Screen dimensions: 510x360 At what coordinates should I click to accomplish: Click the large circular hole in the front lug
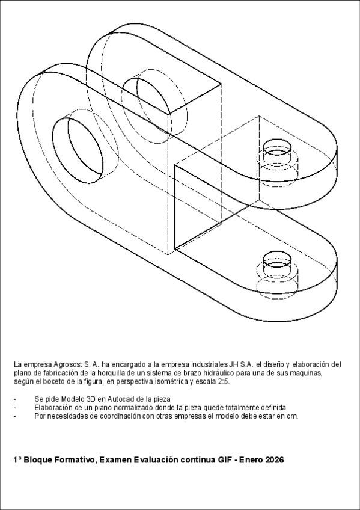click(79, 150)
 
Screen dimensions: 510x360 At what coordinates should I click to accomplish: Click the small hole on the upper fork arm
click(277, 152)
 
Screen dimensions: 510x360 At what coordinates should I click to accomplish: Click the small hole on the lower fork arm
click(277, 263)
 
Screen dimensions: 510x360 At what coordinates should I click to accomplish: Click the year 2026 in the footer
click(274, 460)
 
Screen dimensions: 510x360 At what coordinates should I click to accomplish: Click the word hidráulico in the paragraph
click(212, 373)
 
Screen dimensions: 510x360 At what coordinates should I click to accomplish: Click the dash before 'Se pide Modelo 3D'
click(14, 399)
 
